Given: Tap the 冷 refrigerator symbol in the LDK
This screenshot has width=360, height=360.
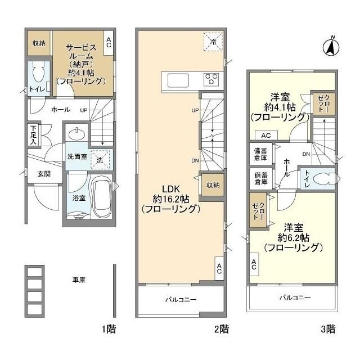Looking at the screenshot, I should (213, 40).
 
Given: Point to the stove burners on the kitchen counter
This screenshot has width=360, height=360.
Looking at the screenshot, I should (212, 79).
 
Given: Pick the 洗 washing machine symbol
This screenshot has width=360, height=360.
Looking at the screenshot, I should (100, 159).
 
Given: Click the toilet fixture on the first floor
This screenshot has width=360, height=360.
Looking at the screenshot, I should (39, 73).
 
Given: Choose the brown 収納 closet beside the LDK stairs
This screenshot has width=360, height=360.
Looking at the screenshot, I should (212, 185).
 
